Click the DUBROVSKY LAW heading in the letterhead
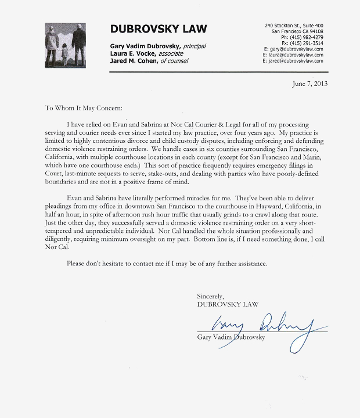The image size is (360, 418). pos(159,29)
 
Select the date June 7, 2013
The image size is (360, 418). pos(309,83)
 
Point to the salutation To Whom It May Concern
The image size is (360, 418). pos(84,108)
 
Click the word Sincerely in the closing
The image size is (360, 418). pos(210,296)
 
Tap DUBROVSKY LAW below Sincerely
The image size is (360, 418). pos(228,304)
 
